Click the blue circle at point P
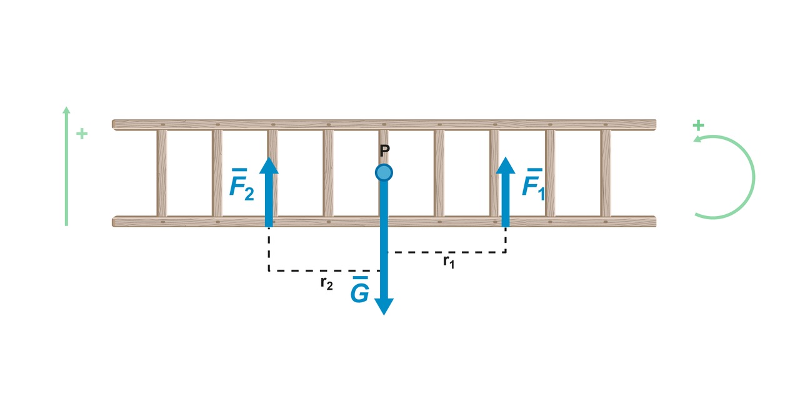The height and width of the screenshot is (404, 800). [384, 172]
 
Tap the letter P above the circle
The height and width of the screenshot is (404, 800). [384, 150]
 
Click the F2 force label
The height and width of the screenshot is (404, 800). [241, 184]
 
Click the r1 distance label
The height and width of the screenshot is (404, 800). [449, 262]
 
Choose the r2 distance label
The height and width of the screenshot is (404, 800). [326, 283]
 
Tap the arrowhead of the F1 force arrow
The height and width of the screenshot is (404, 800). [505, 166]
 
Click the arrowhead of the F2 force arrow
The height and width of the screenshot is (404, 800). [269, 166]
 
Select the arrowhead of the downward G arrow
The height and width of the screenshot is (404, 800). [384, 305]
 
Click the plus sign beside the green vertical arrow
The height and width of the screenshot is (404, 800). [81, 134]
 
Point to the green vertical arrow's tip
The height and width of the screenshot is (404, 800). [66, 111]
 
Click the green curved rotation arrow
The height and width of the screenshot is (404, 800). [752, 177]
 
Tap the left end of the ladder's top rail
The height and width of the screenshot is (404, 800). [116, 124]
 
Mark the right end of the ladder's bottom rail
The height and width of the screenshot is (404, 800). [652, 221]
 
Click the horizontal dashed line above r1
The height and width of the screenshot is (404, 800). [446, 252]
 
